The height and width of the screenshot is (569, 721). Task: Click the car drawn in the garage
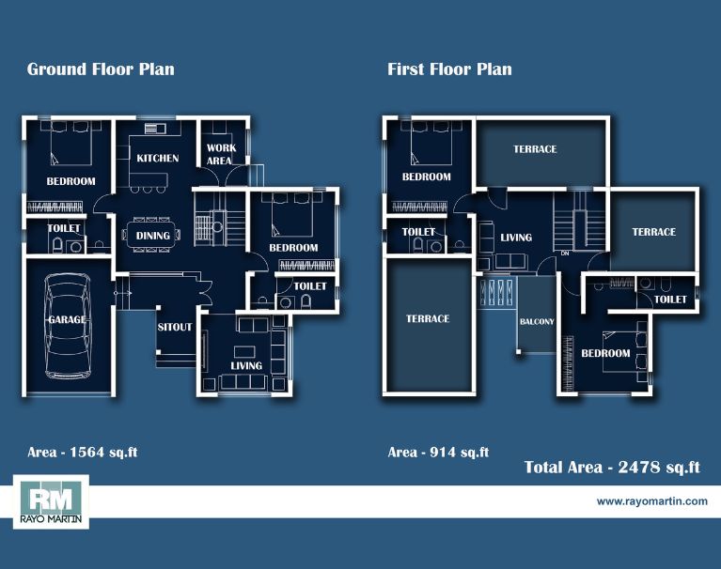68,326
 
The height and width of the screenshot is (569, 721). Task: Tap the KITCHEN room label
158,158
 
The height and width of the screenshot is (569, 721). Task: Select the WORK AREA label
221,154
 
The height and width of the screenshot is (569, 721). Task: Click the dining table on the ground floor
151,235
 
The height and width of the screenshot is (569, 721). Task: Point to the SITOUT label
175,327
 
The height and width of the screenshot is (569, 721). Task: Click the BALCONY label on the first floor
537,321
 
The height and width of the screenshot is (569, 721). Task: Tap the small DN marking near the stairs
565,253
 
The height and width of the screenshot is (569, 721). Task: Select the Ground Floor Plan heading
101,69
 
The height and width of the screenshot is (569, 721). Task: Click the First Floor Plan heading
449,69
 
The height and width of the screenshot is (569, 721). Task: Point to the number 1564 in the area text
86,452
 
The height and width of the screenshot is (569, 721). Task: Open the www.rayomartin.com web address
652,501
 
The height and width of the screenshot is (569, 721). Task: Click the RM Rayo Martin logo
51,502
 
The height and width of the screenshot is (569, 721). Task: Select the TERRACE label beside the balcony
428,318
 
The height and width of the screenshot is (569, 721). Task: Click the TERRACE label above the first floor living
535,149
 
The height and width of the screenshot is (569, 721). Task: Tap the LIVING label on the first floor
516,238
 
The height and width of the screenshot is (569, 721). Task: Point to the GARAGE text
67,319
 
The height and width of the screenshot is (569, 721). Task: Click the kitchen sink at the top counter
155,128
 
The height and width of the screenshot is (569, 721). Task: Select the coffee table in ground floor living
244,352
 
